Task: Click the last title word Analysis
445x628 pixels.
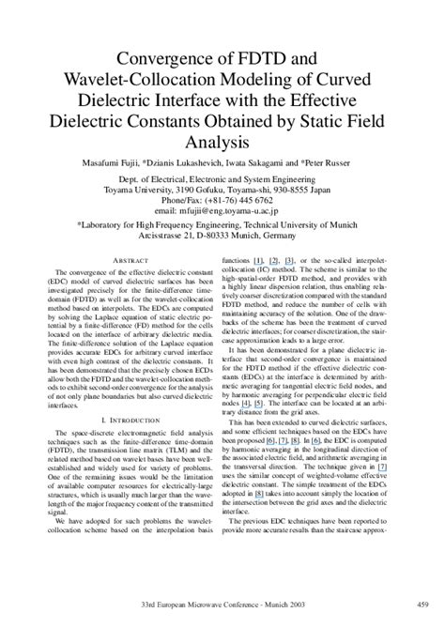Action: [222, 144]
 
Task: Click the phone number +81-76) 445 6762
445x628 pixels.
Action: [240, 201]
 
